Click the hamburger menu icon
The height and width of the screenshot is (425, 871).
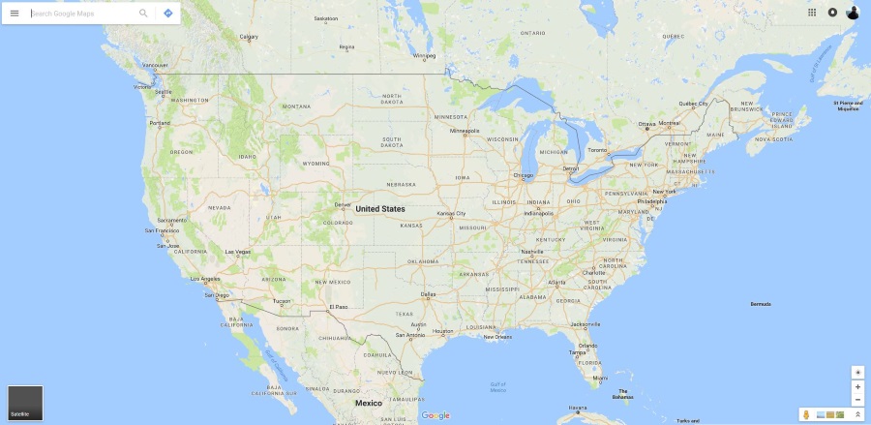pyautogui.click(x=15, y=14)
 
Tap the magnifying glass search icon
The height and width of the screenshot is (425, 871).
pyautogui.click(x=143, y=14)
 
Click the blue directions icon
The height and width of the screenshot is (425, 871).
pyautogui.click(x=168, y=14)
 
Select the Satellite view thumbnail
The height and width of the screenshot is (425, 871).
pyautogui.click(x=25, y=403)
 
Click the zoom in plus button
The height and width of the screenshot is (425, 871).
pyautogui.click(x=857, y=386)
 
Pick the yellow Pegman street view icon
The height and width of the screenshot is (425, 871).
pyautogui.click(x=806, y=414)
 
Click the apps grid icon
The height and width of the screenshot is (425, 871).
pyautogui.click(x=812, y=13)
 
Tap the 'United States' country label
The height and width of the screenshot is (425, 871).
pyautogui.click(x=380, y=208)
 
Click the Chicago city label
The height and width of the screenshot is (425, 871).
pyautogui.click(x=524, y=175)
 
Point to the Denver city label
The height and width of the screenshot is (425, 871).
pyautogui.click(x=343, y=204)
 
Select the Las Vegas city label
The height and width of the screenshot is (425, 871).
pyautogui.click(x=237, y=253)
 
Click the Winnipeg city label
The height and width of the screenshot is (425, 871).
pyautogui.click(x=425, y=56)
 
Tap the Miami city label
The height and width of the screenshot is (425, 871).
pyautogui.click(x=600, y=377)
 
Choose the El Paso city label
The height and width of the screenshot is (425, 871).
pyautogui.click(x=337, y=307)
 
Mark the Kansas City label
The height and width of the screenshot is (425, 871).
pyautogui.click(x=451, y=213)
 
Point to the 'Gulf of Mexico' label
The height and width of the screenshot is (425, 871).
pyautogui.click(x=497, y=387)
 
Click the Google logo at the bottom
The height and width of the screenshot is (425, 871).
pyautogui.click(x=435, y=415)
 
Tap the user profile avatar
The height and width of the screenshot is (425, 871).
pyautogui.click(x=853, y=13)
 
